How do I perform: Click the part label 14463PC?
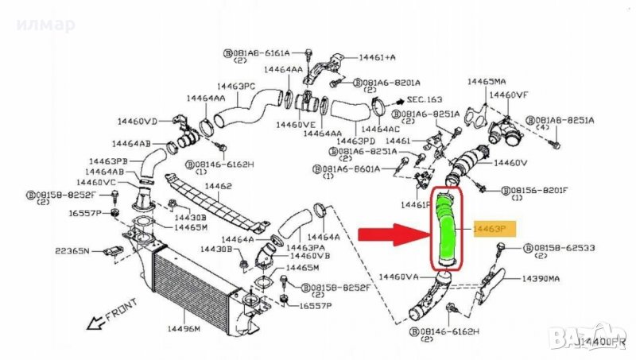coord(236,86)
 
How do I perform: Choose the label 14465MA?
coord(487,82)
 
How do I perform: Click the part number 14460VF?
coord(508,95)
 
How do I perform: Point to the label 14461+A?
coord(378,58)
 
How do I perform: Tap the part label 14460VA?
coord(399,277)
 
